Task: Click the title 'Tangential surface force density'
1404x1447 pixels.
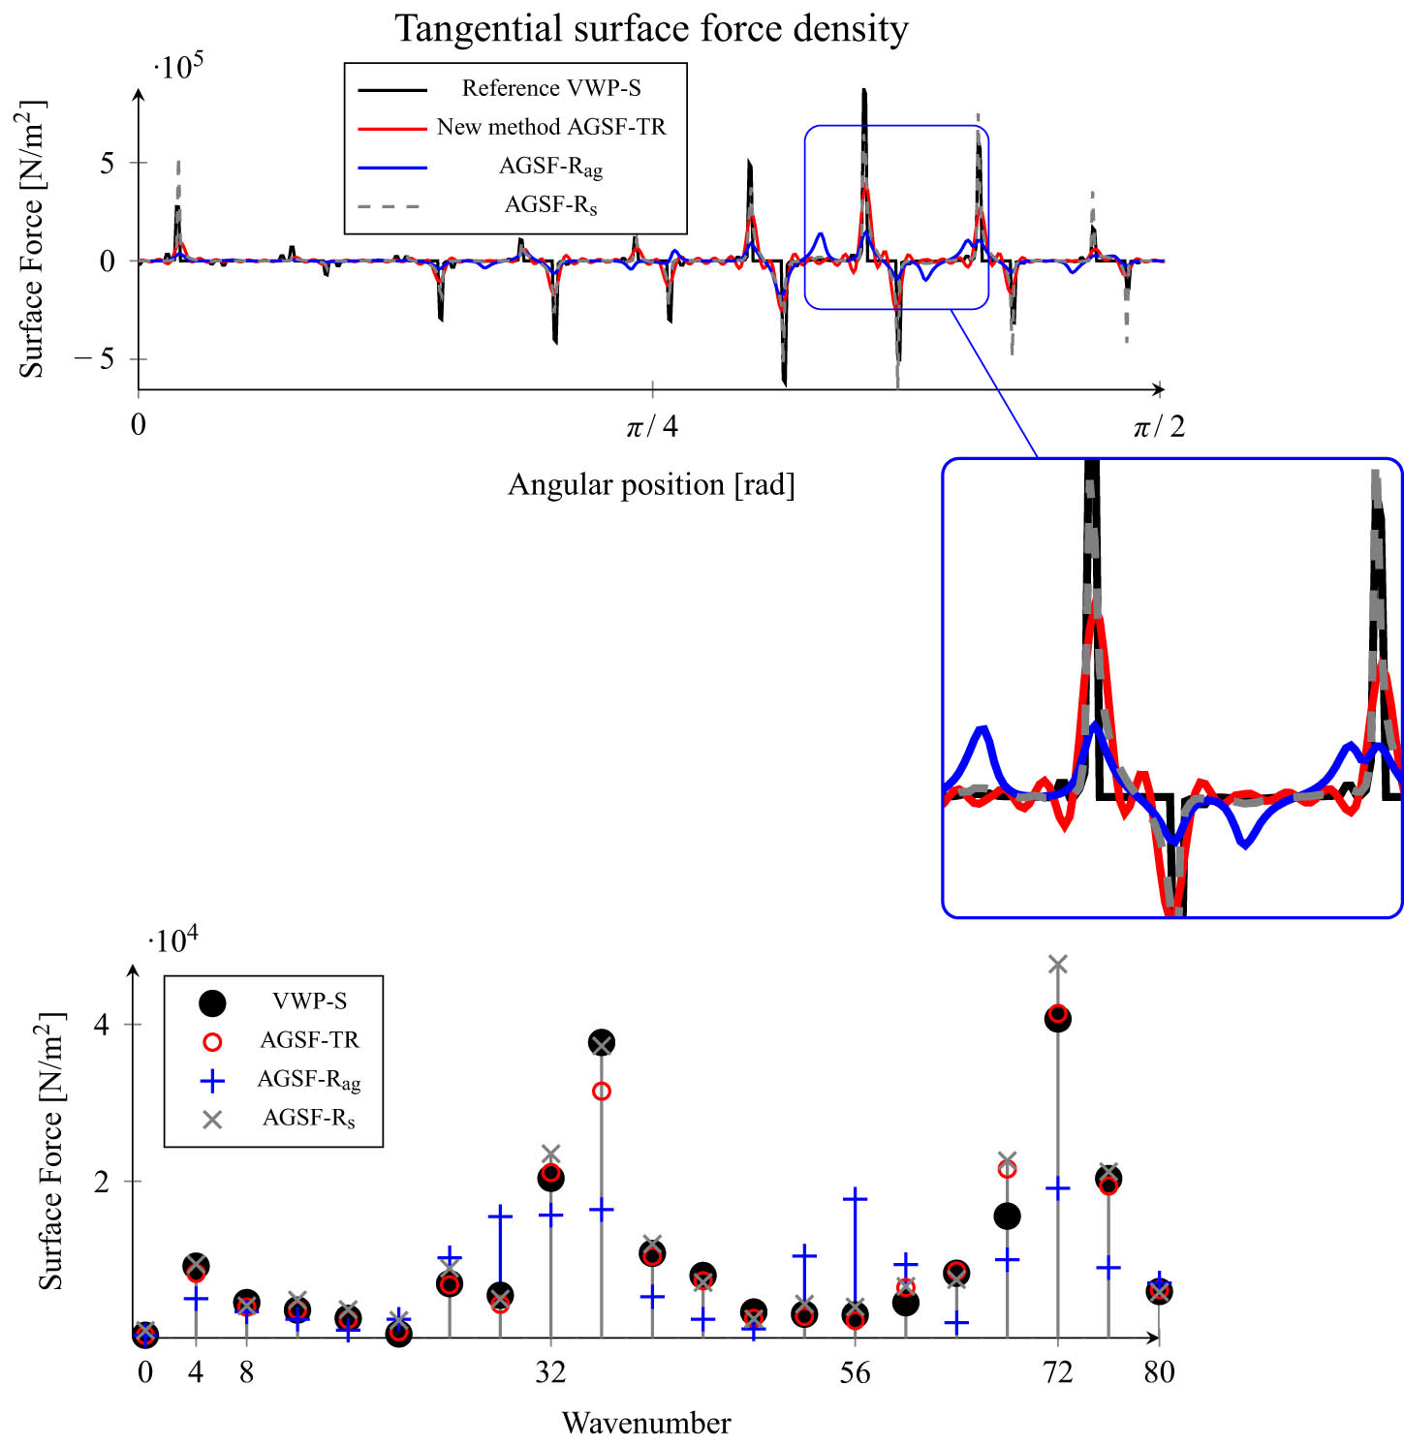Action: tap(651, 28)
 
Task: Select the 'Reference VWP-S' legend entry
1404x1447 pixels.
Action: tap(550, 88)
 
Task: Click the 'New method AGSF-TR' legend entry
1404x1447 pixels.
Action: tap(550, 127)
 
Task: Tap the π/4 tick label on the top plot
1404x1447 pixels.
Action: tap(652, 426)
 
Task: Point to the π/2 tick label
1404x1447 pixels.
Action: tap(1159, 426)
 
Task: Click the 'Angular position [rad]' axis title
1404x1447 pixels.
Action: tap(651, 484)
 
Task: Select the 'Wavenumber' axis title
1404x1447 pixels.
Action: tap(646, 1423)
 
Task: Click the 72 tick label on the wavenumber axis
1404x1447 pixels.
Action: tap(1058, 1372)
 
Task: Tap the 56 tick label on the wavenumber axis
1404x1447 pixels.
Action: tap(855, 1372)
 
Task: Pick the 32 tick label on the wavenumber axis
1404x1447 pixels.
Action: tap(550, 1372)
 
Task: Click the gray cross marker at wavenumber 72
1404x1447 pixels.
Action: tap(1058, 964)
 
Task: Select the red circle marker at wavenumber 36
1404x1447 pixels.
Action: tap(601, 1092)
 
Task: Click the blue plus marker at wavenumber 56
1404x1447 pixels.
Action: tap(855, 1198)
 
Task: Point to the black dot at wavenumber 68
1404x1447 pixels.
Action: tap(1007, 1216)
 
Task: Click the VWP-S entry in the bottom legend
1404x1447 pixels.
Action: tap(309, 1001)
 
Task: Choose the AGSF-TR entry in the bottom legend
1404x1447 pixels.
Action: tap(309, 1040)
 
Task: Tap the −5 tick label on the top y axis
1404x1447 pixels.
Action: tap(95, 359)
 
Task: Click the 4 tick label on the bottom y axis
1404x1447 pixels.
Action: tap(101, 1025)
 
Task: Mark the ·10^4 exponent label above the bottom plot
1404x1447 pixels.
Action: tap(173, 940)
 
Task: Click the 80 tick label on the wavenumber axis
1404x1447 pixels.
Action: tap(1159, 1372)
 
